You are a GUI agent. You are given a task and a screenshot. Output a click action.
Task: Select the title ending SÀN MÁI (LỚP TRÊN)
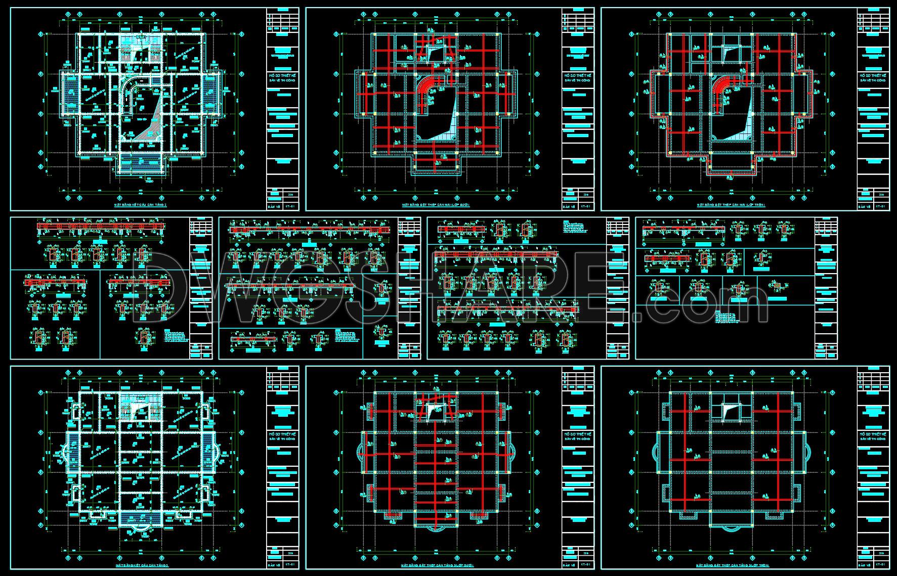tap(731, 205)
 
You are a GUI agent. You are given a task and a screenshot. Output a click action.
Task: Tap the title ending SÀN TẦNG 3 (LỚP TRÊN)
tap(731, 565)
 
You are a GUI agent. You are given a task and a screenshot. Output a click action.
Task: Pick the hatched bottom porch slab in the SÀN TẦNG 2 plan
tap(141, 163)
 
